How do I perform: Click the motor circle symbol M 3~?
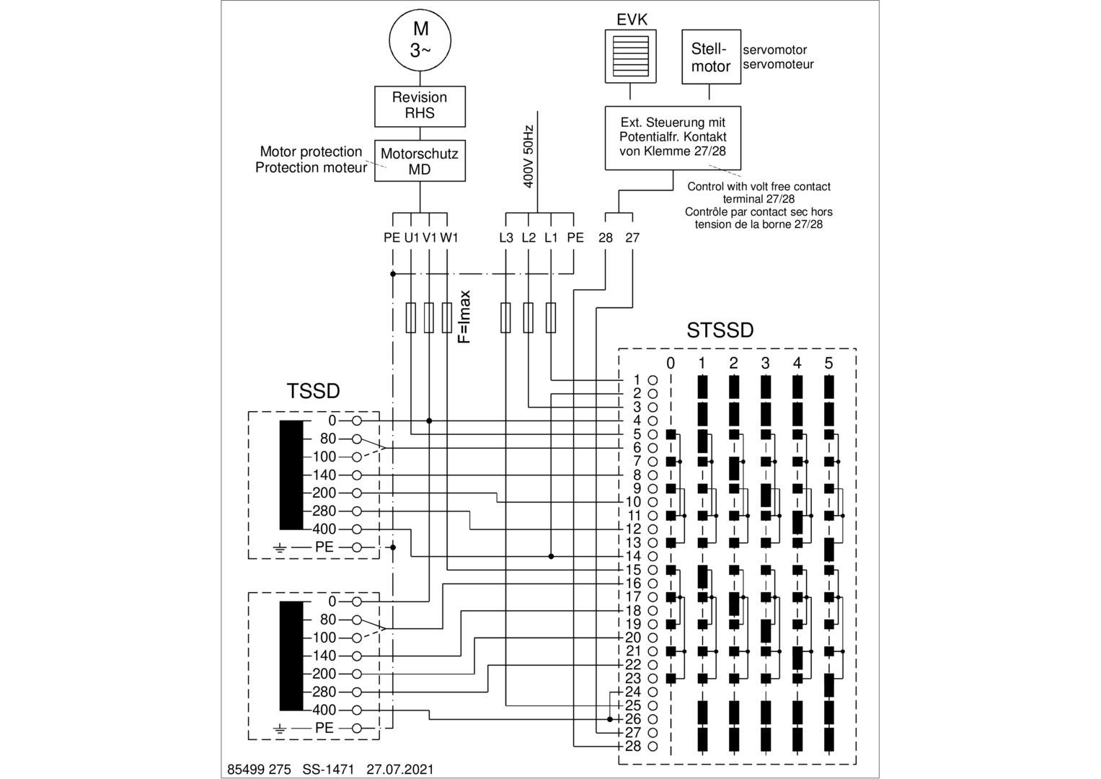click(420, 40)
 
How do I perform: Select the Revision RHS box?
click(420, 105)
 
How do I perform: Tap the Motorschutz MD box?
click(420, 161)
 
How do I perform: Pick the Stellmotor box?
click(711, 58)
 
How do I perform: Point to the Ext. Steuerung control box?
click(673, 137)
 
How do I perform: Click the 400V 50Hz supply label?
click(529, 157)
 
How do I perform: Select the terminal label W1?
click(449, 237)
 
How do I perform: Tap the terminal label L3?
click(506, 237)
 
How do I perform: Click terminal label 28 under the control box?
click(606, 237)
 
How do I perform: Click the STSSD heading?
click(720, 330)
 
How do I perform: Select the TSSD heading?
click(313, 391)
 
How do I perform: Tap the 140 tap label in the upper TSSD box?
click(324, 475)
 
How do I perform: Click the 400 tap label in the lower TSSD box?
click(324, 710)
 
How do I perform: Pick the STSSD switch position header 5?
click(828, 363)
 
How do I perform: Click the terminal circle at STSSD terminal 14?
click(653, 556)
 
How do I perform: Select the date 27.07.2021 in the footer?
click(400, 770)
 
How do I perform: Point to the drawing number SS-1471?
click(328, 770)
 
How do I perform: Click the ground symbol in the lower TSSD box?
click(280, 729)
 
